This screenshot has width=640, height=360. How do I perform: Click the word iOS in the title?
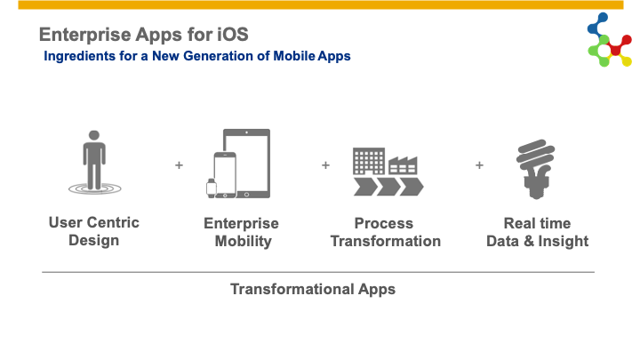tap(232, 35)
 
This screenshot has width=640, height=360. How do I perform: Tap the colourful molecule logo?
tap(610, 40)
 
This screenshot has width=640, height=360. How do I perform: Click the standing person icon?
tap(94, 162)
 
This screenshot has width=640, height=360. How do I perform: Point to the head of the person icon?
tap(94, 135)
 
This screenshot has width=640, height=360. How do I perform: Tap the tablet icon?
tap(247, 164)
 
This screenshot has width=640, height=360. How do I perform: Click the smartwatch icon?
tap(212, 188)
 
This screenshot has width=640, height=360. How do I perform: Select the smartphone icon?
tap(225, 175)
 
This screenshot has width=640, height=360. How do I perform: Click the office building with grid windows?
tap(369, 161)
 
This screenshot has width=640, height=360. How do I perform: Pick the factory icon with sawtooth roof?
tap(403, 165)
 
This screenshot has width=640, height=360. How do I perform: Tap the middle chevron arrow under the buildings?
tap(388, 187)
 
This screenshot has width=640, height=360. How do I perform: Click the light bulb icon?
tap(535, 169)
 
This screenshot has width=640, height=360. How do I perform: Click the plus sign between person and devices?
tap(179, 165)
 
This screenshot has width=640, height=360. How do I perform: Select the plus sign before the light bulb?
tap(480, 165)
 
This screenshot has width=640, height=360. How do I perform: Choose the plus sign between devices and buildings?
tap(325, 165)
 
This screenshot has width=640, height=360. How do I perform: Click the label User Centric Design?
tap(94, 231)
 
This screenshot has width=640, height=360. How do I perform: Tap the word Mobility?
tap(244, 241)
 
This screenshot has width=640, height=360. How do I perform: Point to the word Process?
tap(384, 223)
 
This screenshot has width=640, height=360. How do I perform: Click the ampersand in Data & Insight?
tap(529, 241)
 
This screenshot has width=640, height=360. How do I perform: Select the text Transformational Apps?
tap(313, 289)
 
